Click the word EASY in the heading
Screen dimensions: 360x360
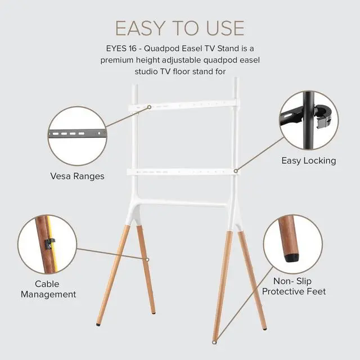coord(140,28)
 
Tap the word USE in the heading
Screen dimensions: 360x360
coord(225,28)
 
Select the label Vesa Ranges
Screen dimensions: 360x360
coord(78,176)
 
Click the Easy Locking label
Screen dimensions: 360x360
coord(309,161)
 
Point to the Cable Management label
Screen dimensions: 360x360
coord(48,289)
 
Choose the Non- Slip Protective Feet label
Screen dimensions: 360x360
coord(294,286)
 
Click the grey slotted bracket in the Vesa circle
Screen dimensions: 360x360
coord(78,133)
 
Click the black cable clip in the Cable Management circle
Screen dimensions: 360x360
coord(50,244)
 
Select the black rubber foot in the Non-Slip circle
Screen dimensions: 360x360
coord(292,258)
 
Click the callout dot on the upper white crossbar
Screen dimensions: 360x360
coord(149,107)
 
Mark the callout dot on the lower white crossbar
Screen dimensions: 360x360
coord(236,171)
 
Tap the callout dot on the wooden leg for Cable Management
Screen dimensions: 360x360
coord(147,259)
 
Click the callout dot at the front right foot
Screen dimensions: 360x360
coord(214,343)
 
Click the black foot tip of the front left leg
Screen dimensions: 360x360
coord(98,325)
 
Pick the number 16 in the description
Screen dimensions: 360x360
coord(131,49)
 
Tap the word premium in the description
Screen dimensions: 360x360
coord(117,60)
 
